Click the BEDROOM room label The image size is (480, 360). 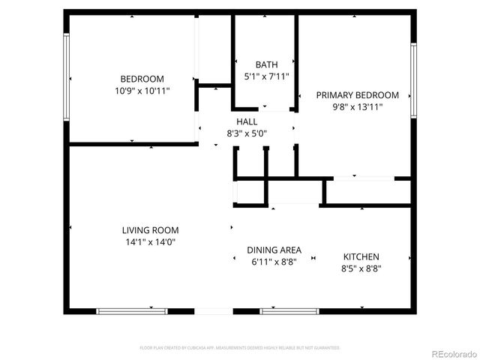pos(142,79)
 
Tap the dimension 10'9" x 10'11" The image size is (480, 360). pos(142,91)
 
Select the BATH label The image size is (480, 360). pos(266,64)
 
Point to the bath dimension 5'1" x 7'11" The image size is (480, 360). pos(266,76)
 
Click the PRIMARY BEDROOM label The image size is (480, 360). pos(357,95)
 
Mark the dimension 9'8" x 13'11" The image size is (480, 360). pos(357,107)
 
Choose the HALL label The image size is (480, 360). pos(247,121)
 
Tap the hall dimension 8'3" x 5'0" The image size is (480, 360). pos(247,133)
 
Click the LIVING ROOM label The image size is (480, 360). pos(151,230)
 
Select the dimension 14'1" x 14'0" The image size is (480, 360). pos(151,242)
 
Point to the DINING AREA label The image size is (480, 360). pos(274,250)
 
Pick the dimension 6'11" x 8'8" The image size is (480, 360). pos(274,262)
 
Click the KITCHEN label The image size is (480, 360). pos(361,256)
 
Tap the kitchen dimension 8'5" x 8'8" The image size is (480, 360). pos(361,268)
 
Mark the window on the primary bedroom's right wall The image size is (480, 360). pos(413,80)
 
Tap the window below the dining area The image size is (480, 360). pos(289,310)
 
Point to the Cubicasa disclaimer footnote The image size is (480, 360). pos(240,348)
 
